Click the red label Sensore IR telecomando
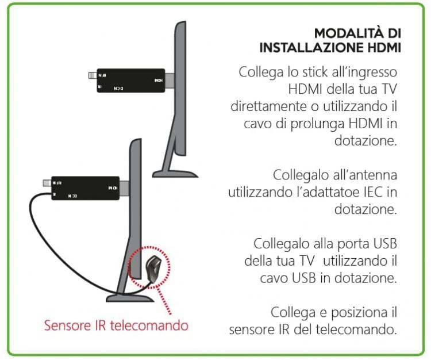(117, 325)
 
